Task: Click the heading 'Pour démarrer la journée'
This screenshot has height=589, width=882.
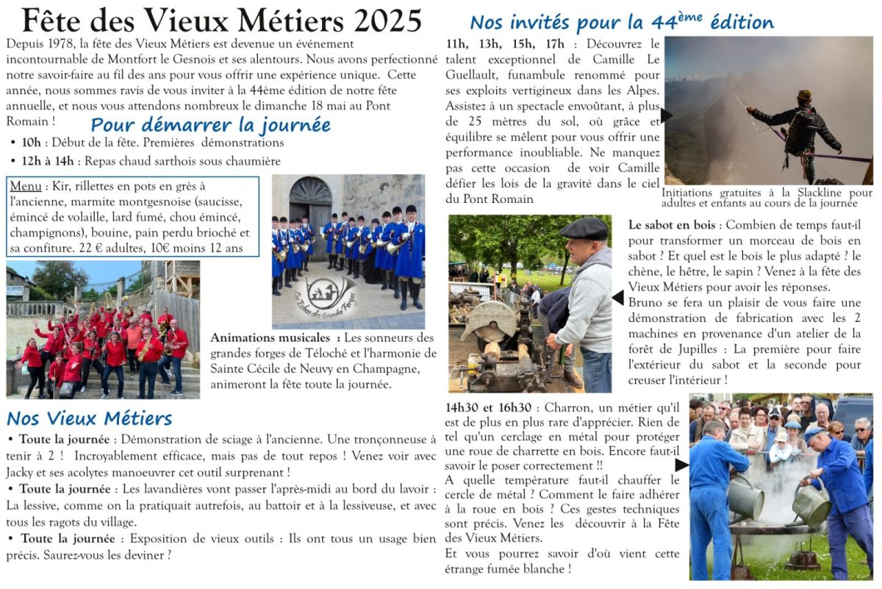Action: (x=210, y=124)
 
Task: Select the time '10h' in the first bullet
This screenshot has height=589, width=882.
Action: (x=32, y=143)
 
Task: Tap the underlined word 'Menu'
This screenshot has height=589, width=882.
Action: (x=24, y=186)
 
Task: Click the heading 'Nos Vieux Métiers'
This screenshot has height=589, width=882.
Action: (x=89, y=418)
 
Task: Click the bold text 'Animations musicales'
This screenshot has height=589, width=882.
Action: (x=270, y=338)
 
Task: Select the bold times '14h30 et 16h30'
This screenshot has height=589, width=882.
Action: (x=488, y=407)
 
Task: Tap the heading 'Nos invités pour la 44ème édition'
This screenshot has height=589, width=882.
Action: (x=621, y=22)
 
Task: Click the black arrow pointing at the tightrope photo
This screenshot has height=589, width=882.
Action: (x=666, y=115)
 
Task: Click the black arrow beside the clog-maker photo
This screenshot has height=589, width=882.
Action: (x=618, y=297)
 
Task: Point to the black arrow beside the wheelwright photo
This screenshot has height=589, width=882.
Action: (x=681, y=465)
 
